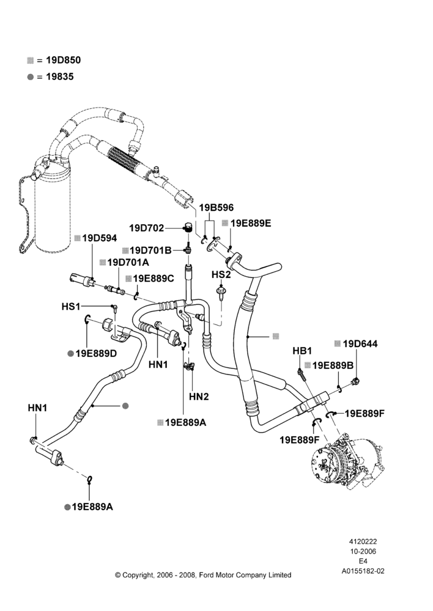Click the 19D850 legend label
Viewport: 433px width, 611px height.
[x=64, y=60]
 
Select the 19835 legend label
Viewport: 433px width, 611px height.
[x=60, y=76]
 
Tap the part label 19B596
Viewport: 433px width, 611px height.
[x=216, y=208]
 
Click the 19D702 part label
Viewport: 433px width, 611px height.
[x=147, y=228]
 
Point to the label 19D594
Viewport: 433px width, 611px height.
[x=100, y=238]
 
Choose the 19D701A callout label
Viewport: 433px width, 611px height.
[x=128, y=262]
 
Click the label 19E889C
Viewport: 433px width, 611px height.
[x=154, y=279]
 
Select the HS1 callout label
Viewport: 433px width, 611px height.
[x=70, y=307]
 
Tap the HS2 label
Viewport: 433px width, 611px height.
[x=221, y=275]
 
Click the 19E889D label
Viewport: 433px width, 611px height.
[x=97, y=353]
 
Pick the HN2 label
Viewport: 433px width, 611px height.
[x=199, y=397]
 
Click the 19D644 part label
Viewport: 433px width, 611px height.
[x=360, y=343]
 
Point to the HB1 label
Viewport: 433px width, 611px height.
[x=302, y=351]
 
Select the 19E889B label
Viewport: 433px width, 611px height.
[x=333, y=365]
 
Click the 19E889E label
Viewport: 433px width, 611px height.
[x=251, y=223]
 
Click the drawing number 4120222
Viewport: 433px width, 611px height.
[x=363, y=541]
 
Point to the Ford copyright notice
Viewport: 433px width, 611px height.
[x=203, y=575]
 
